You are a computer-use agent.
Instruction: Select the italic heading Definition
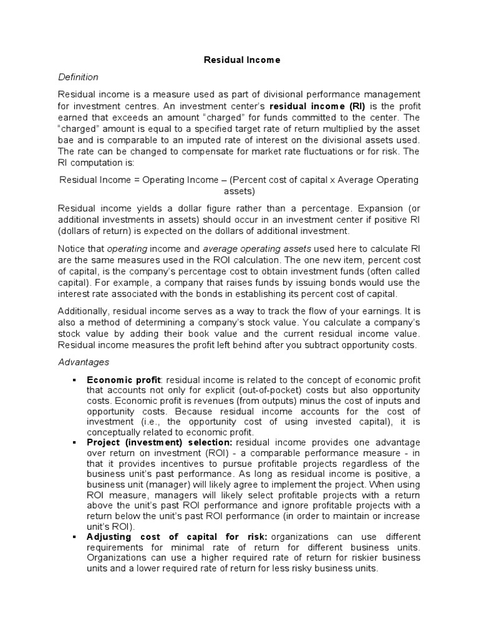point(78,77)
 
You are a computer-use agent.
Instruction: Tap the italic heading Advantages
point(84,362)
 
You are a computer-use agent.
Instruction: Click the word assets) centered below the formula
point(238,192)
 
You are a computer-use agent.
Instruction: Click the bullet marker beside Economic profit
point(74,380)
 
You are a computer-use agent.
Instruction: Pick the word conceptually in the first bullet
point(115,432)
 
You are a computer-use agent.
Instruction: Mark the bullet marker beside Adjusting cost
point(74,537)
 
